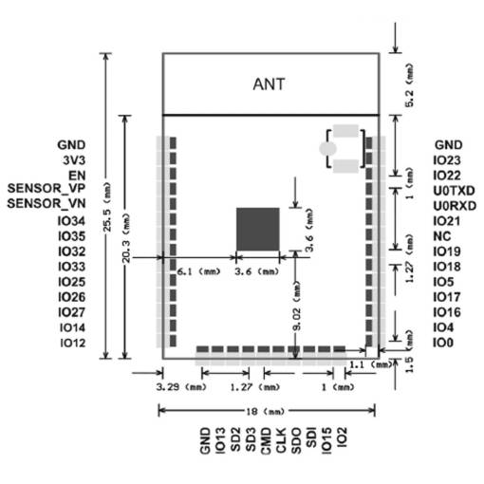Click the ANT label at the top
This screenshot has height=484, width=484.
click(269, 84)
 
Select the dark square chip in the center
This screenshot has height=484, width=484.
click(258, 230)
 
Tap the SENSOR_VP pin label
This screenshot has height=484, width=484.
click(47, 189)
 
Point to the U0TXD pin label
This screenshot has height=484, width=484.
click(454, 191)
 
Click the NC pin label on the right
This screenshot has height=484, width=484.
click(442, 236)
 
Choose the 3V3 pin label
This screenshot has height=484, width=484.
click(74, 160)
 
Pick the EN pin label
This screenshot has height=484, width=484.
click(77, 176)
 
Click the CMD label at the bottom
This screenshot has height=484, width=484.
click(266, 441)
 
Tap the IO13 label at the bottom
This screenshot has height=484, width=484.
click(220, 441)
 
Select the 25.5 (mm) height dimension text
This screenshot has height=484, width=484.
click(107, 207)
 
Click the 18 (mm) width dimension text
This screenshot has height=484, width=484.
click(266, 412)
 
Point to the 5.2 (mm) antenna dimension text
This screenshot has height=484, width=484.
click(409, 85)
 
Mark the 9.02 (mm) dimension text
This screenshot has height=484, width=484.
click(297, 307)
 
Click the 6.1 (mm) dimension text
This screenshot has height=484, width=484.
click(198, 271)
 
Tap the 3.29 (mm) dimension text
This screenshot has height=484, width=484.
click(181, 387)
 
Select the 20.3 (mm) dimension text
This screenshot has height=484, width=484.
click(126, 238)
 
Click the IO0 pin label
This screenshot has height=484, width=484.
click(443, 343)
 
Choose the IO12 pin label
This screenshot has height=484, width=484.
click(73, 343)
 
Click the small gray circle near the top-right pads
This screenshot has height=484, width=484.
click(327, 149)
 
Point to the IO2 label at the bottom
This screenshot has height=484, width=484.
click(342, 437)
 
